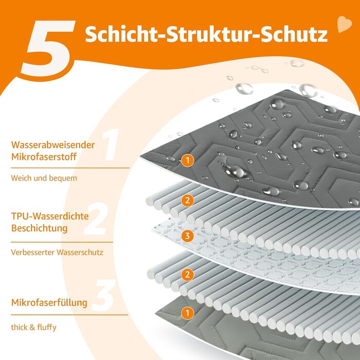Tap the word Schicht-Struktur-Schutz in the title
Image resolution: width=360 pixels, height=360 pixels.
click(x=206, y=34)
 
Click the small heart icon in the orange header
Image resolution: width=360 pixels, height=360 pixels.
click(x=345, y=24)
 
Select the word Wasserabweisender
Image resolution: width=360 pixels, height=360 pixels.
click(x=53, y=145)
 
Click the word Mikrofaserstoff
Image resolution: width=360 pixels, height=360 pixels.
click(x=44, y=157)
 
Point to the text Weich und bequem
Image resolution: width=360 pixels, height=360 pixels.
click(x=44, y=178)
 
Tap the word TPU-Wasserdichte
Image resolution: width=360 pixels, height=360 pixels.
click(x=50, y=217)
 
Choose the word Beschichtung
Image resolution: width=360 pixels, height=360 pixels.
click(x=39, y=228)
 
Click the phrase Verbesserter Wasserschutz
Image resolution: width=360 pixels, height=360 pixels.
click(x=57, y=253)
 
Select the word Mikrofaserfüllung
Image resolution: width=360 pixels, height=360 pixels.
click(x=49, y=302)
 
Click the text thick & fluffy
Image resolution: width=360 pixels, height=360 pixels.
click(x=33, y=327)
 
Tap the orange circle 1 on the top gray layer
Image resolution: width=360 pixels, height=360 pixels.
click(x=188, y=160)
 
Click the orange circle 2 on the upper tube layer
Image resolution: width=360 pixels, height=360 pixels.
click(x=188, y=201)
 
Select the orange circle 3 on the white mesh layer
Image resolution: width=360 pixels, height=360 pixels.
click(x=188, y=236)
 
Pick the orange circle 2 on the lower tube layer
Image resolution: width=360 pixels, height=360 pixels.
click(x=188, y=275)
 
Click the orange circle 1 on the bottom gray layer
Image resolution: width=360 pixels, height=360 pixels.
click(x=188, y=313)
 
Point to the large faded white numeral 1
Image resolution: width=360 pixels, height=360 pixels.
click(x=111, y=145)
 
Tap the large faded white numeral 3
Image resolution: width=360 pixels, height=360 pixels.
click(x=103, y=295)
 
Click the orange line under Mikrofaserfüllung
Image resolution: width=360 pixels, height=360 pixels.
click(x=69, y=315)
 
